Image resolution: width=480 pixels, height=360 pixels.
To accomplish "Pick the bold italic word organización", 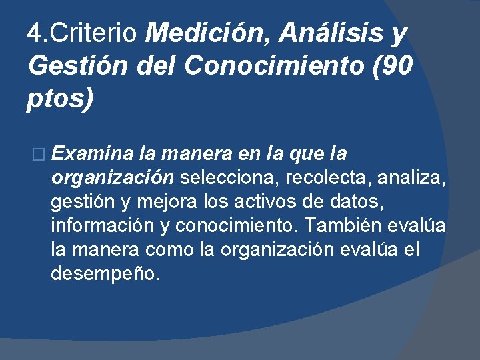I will pos(113,179).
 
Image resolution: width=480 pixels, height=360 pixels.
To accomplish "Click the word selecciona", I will pos(229,179).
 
